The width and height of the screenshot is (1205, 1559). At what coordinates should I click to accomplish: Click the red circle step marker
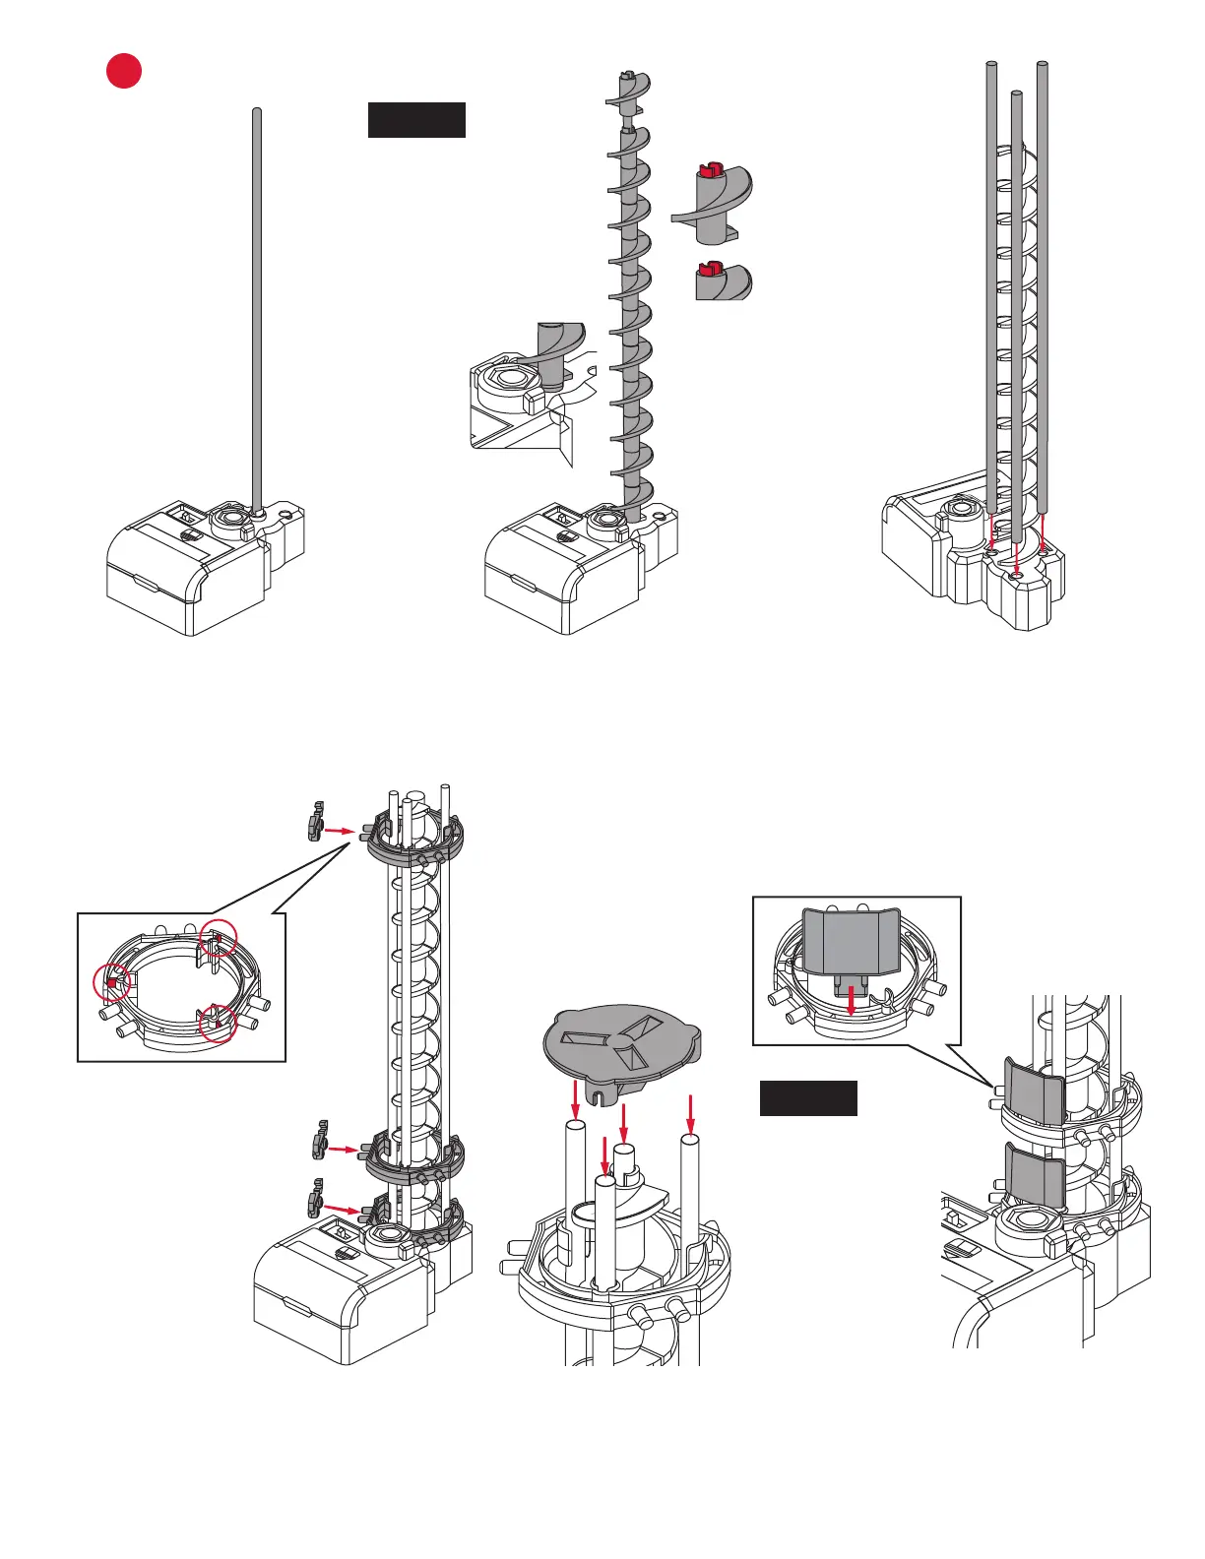click(x=124, y=71)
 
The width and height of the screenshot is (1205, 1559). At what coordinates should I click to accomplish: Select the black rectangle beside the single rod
click(x=416, y=119)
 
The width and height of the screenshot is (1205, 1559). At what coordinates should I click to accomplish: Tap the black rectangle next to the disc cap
click(x=808, y=1098)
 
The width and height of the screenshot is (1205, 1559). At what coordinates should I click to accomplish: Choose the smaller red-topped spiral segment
click(x=722, y=281)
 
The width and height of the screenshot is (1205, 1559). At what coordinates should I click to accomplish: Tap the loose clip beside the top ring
click(x=315, y=822)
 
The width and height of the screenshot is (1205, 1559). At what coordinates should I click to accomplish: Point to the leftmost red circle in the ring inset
click(x=111, y=982)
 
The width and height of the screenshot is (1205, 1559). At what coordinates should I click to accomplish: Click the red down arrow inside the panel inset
click(x=852, y=1002)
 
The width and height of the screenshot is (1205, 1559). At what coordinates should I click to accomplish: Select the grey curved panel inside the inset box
click(x=851, y=941)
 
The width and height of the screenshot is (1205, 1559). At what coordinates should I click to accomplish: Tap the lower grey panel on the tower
click(x=1034, y=1175)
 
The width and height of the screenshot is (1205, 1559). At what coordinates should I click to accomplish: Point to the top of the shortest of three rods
click(x=1017, y=95)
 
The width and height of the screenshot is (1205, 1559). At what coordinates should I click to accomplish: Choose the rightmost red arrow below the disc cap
click(x=691, y=1114)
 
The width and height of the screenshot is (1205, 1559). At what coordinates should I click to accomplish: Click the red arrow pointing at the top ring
click(x=340, y=831)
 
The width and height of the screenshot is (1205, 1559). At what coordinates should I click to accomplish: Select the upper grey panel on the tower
click(x=1034, y=1090)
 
